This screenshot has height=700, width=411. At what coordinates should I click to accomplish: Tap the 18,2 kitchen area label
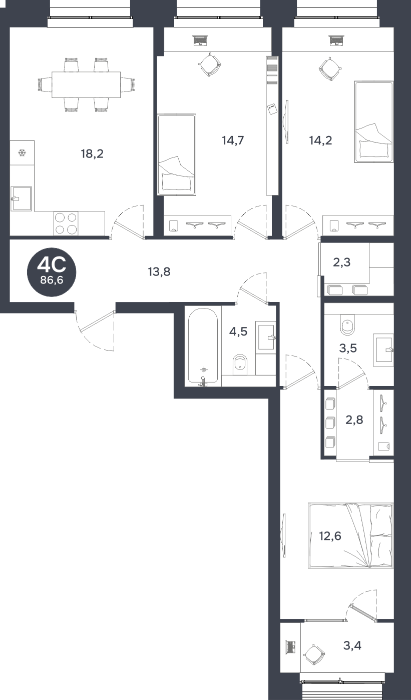click(92, 154)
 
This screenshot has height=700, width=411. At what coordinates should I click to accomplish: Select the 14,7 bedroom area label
click(233, 140)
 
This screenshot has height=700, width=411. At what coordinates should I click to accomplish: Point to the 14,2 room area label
click(320, 140)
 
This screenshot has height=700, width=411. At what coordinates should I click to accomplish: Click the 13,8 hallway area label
click(159, 272)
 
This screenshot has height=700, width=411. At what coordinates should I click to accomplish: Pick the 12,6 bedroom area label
click(330, 536)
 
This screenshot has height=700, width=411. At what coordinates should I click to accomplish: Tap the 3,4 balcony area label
click(352, 645)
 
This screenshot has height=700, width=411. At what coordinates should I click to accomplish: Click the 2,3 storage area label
click(341, 262)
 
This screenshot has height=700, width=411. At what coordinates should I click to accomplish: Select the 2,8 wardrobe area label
click(354, 419)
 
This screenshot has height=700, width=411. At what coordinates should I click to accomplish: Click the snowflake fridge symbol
click(22, 153)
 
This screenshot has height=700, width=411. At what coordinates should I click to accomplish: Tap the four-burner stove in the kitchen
click(66, 223)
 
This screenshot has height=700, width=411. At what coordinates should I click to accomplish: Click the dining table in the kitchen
click(86, 84)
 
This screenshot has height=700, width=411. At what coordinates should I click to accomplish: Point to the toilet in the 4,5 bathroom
click(240, 365)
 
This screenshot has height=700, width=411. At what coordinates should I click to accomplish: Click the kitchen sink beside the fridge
click(21, 198)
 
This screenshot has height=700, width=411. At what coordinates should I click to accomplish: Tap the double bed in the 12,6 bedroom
click(350, 535)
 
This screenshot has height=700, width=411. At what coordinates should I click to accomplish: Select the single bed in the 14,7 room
click(177, 154)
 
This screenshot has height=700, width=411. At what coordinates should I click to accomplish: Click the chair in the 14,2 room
click(329, 68)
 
